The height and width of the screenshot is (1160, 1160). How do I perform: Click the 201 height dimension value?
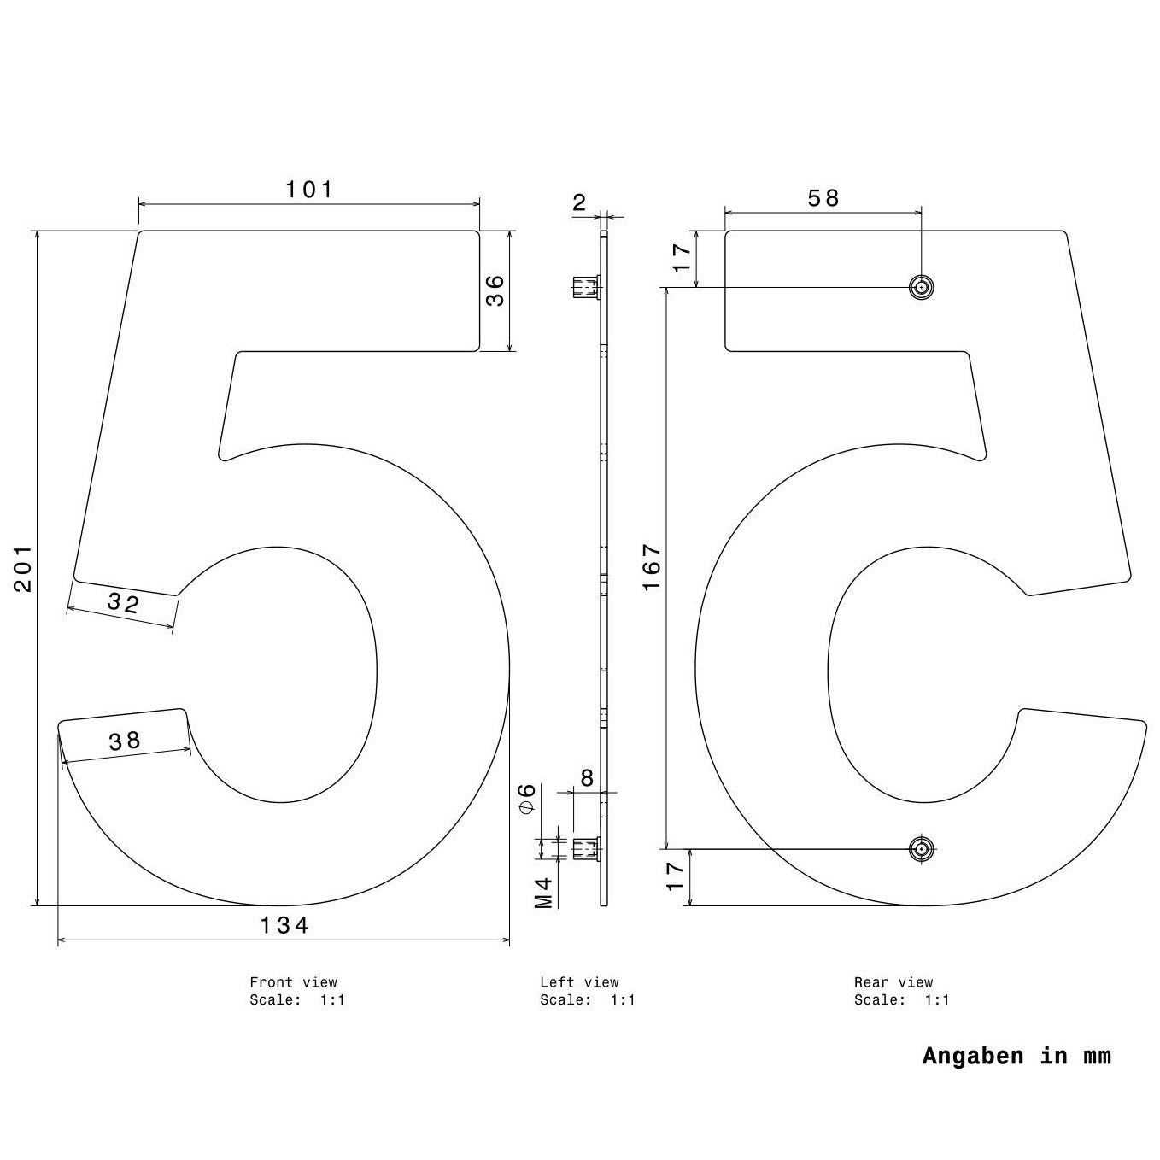click(x=23, y=570)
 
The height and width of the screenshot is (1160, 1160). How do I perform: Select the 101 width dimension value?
click(x=309, y=190)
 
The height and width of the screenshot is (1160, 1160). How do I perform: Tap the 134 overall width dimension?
click(x=284, y=925)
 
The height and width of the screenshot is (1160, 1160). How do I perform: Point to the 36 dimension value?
click(x=495, y=290)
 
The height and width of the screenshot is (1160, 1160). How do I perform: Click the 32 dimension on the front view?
click(x=123, y=602)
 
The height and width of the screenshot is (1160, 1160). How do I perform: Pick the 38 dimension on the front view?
click(x=125, y=741)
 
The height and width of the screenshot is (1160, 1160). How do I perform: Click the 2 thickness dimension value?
click(x=579, y=202)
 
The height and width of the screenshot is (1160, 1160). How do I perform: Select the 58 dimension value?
click(x=823, y=198)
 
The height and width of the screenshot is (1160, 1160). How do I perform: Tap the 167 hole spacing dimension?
click(x=652, y=568)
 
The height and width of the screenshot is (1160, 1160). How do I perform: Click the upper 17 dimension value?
click(x=682, y=258)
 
